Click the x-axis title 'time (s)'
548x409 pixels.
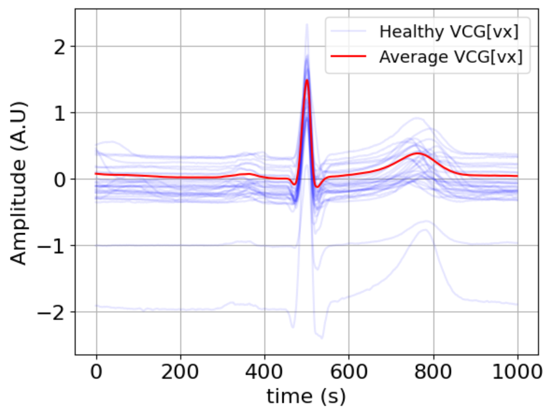[306, 395]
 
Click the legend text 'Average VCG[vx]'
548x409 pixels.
[450, 57]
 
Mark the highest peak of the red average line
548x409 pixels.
[307, 80]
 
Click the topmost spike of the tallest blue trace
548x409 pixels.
[306, 24]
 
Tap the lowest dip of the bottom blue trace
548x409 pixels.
[321, 338]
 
